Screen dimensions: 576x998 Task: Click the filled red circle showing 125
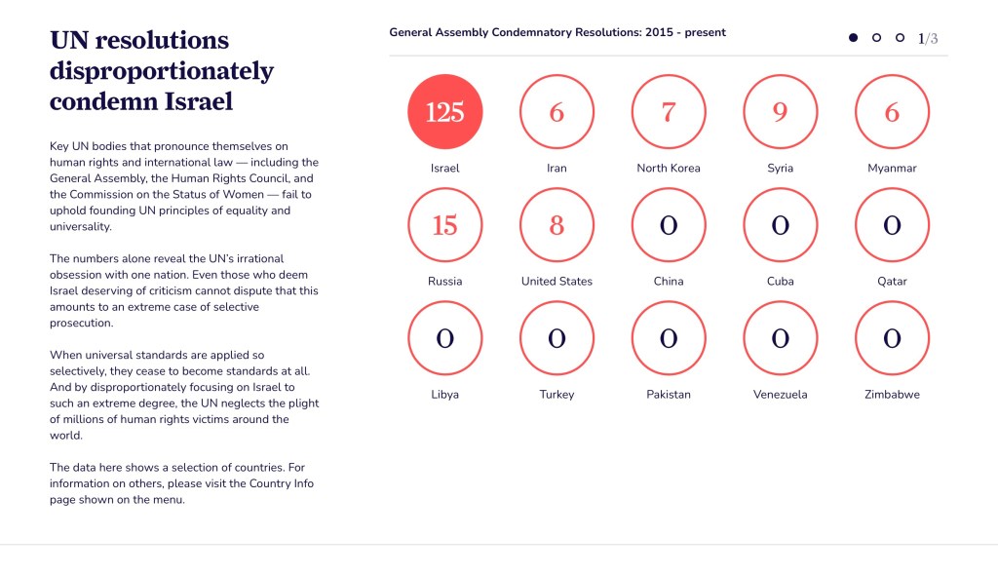[444, 112]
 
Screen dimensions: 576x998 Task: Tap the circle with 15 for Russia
[444, 225]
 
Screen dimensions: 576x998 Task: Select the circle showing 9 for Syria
[780, 112]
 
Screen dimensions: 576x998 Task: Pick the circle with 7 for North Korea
[669, 112]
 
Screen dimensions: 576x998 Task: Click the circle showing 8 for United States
[557, 225]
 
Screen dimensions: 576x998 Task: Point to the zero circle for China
[669, 225]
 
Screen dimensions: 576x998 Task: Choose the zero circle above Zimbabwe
[892, 338]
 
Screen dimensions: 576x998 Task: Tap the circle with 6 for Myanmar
[892, 112]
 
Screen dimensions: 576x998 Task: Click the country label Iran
[557, 168]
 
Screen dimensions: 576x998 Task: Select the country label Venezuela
[780, 395]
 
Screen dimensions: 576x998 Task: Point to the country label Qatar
[892, 282]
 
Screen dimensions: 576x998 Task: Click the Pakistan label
[669, 395]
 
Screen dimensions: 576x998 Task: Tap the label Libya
[444, 395]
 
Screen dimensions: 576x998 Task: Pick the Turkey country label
[557, 395]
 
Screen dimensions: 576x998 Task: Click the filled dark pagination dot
[853, 38]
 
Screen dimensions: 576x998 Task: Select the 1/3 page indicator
[928, 39]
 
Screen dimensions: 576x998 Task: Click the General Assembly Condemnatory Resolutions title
[557, 32]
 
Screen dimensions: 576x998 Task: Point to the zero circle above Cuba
[780, 225]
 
